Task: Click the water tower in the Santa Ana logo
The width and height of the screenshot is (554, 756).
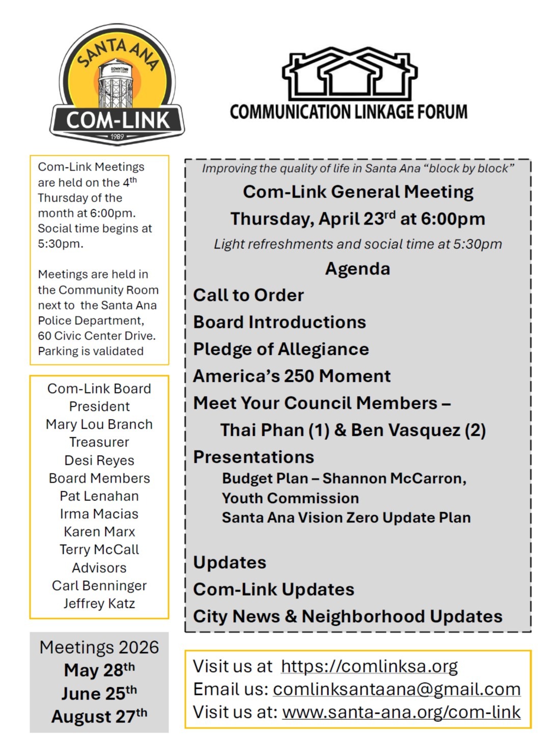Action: point(117,84)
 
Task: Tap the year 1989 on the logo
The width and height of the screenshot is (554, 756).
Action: point(117,136)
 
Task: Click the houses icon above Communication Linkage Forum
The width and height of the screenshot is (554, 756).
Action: point(349,74)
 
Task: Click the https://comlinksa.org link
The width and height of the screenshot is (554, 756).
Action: point(369,666)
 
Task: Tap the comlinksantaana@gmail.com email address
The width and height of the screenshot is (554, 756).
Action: point(397,689)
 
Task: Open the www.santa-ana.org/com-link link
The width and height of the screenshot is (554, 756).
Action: point(401,712)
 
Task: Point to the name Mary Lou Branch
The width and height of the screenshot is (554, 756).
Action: point(99,425)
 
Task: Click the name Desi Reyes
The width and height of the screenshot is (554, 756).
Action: point(99,460)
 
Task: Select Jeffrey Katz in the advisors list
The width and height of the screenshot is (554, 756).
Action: point(99,604)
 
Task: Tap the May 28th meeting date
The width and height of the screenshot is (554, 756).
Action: point(99,670)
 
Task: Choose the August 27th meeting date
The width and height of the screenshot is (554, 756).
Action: point(99,716)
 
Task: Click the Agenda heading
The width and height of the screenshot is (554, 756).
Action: point(357,269)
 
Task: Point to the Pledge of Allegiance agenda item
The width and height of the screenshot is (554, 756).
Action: point(281,349)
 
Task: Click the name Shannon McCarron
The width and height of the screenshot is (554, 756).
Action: point(394,479)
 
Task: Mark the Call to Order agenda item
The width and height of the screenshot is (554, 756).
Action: point(248,295)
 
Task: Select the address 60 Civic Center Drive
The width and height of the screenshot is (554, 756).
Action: point(96,336)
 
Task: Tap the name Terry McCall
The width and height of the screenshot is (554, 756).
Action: point(99,550)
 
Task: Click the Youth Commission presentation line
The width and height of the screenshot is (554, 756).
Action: point(290,498)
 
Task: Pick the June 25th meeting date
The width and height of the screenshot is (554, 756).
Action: point(99,693)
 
